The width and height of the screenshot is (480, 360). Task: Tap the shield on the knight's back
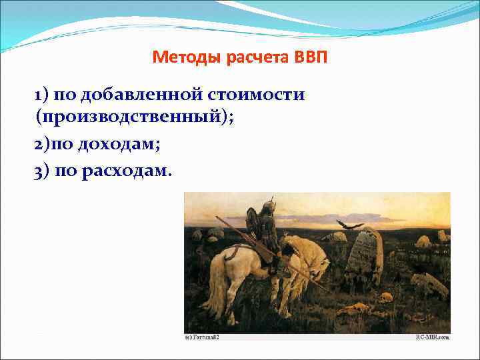pos(252,223)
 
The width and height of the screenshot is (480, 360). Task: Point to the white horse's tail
pos(213,280)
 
